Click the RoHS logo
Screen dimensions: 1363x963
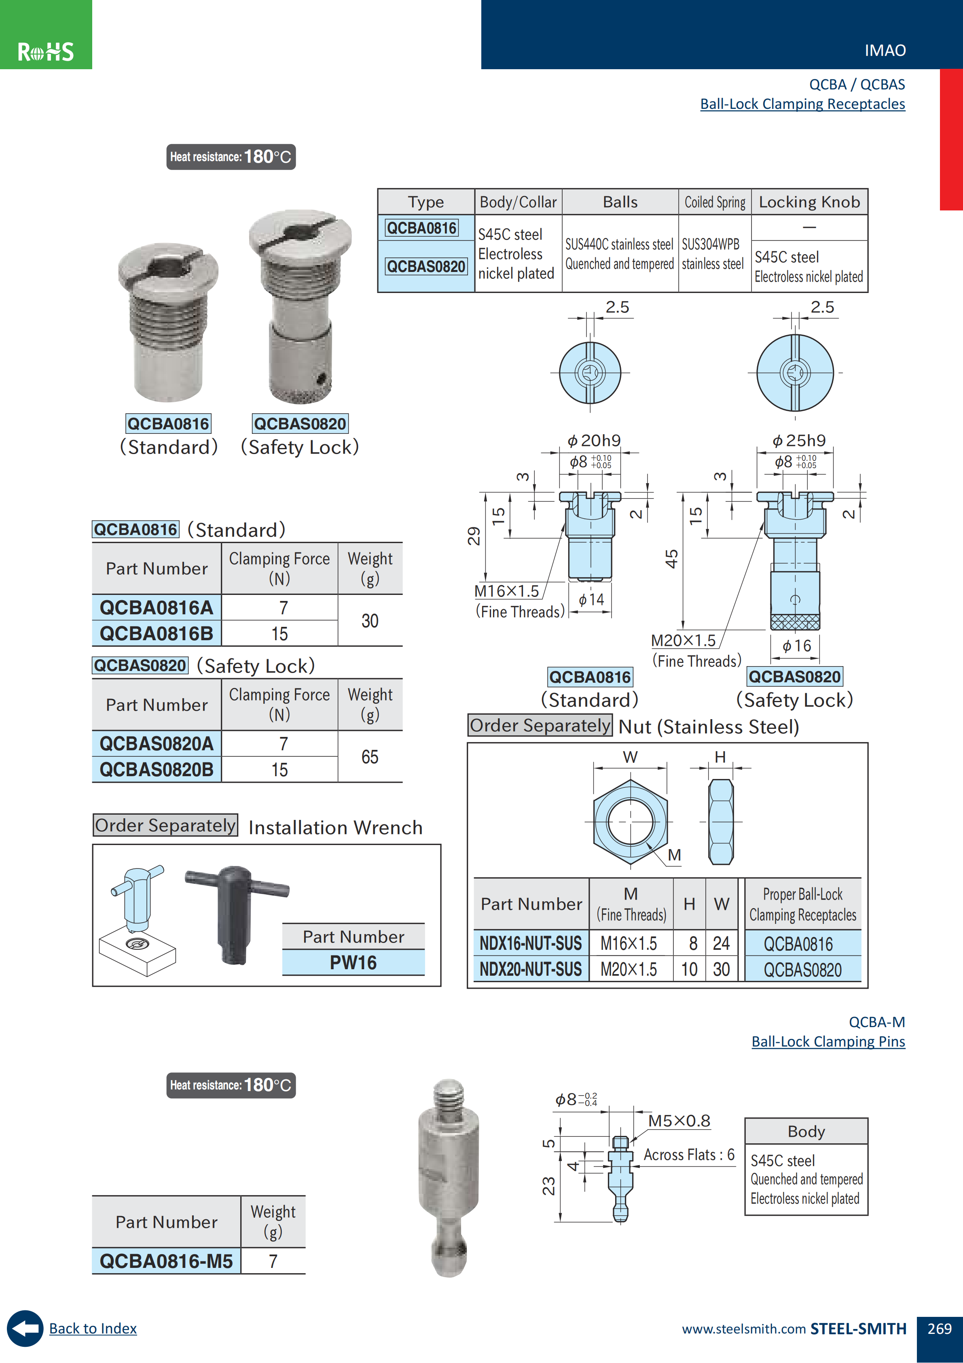point(46,52)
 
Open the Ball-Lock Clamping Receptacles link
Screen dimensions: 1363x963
point(802,104)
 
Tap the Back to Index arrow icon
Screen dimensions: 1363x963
point(25,1328)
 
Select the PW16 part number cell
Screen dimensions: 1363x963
point(353,962)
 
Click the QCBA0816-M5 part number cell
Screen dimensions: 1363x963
point(166,1261)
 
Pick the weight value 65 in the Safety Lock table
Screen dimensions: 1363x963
point(370,757)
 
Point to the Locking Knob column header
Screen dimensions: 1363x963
point(809,202)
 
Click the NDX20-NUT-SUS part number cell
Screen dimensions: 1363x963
point(531,969)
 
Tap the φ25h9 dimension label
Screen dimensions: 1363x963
point(799,440)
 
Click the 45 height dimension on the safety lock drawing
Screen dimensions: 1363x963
point(671,558)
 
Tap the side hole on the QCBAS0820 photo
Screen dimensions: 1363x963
point(320,378)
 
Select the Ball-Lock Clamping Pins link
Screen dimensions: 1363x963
point(828,1041)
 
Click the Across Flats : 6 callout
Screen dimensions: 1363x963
point(688,1155)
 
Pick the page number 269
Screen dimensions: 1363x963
point(939,1329)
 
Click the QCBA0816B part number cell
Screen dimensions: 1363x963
point(157,633)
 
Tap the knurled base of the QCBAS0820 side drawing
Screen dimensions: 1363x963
point(795,622)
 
